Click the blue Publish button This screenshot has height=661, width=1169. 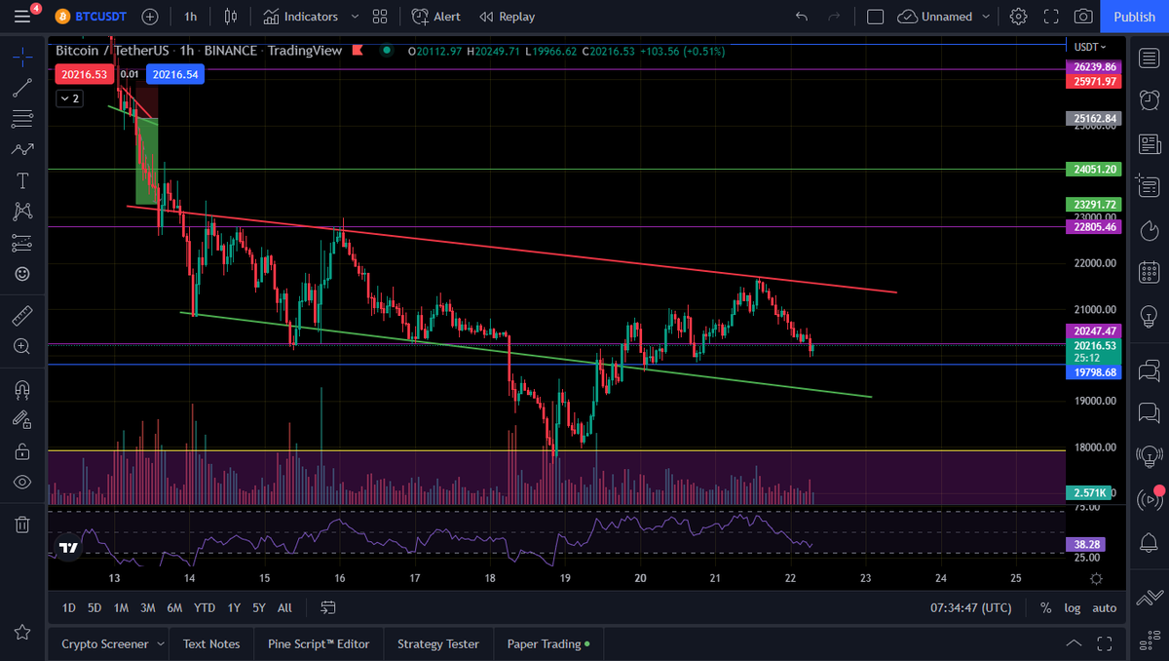click(x=1134, y=17)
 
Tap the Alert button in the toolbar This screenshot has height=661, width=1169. click(x=436, y=17)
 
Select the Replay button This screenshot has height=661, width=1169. click(x=507, y=17)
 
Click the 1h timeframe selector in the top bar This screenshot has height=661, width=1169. click(x=190, y=17)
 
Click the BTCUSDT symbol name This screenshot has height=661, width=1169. click(x=100, y=17)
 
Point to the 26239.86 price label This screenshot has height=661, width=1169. click(x=1095, y=67)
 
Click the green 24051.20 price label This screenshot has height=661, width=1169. click(x=1095, y=170)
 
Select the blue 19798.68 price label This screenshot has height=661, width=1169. click(x=1095, y=372)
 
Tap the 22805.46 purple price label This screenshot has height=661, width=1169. click(x=1095, y=227)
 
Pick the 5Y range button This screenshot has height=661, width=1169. click(x=259, y=607)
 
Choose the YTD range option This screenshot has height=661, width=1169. click(x=205, y=607)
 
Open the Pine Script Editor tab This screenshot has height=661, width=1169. click(x=319, y=643)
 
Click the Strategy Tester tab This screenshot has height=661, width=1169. click(x=438, y=643)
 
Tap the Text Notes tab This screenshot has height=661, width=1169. click(x=211, y=643)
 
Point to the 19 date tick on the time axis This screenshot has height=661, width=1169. click(x=565, y=578)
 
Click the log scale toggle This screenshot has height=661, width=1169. click(x=1073, y=607)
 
